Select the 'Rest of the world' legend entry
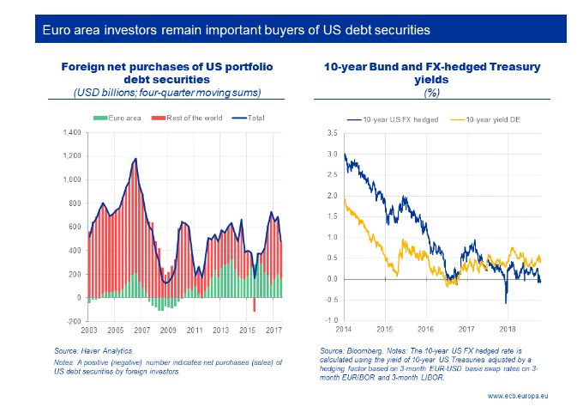(188, 118)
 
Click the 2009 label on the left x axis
(168, 330)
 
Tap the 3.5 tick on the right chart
(332, 133)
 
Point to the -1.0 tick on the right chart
(331, 320)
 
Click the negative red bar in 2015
(255, 305)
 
